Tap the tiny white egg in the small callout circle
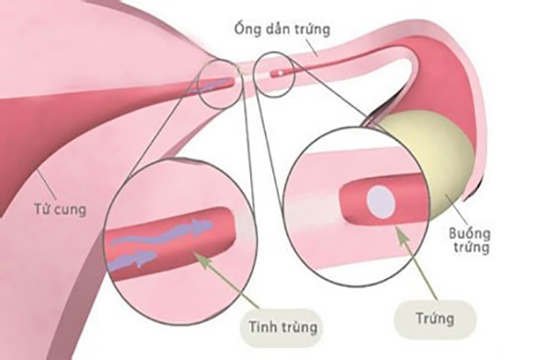pyautogui.click(x=277, y=70)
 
